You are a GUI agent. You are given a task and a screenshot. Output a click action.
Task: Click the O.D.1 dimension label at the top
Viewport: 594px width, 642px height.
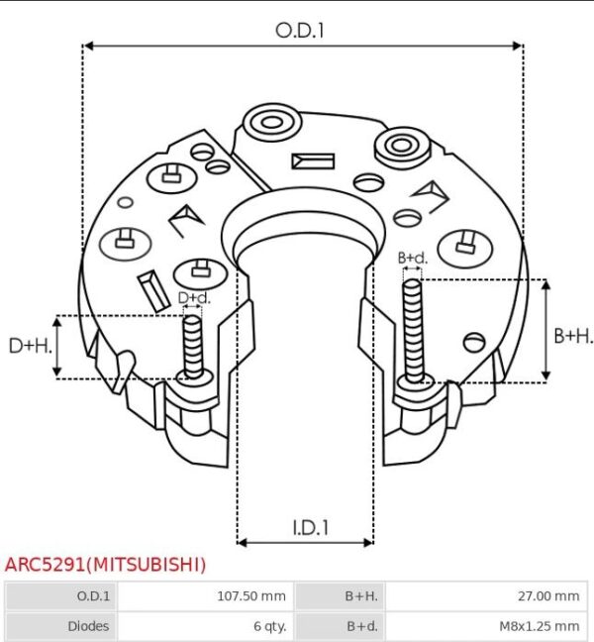point(300,31)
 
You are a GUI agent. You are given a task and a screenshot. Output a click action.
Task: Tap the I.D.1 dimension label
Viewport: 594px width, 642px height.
point(311,528)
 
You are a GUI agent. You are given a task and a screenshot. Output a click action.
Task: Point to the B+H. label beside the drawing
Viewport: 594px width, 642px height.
point(572,336)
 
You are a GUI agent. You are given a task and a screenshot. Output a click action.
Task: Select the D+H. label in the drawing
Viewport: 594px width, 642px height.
point(31,346)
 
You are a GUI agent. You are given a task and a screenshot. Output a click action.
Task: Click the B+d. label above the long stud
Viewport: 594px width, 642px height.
point(413,258)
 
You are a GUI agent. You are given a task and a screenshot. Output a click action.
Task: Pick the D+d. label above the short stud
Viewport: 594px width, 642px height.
point(194,297)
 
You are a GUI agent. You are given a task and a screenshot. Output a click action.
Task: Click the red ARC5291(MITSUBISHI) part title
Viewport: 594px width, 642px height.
point(105,565)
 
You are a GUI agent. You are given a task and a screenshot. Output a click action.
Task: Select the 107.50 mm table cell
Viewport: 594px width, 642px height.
point(251,596)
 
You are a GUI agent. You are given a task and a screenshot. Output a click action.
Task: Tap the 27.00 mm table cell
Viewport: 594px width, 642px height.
point(548,596)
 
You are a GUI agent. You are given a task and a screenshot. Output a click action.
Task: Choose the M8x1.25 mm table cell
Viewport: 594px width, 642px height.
point(540,626)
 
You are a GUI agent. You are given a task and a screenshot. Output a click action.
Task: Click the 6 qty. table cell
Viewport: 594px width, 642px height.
point(269,626)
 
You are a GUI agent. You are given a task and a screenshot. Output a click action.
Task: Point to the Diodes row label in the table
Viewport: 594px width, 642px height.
point(88,626)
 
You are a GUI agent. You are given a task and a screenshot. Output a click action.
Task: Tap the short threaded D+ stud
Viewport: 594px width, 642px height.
point(193,347)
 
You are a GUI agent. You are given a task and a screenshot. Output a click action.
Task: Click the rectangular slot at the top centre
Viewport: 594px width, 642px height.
point(313,161)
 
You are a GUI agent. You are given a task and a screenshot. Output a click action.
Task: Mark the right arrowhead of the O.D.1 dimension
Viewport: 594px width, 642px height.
point(518,46)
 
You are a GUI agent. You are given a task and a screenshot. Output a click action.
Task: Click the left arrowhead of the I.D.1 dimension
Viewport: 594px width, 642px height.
point(243,543)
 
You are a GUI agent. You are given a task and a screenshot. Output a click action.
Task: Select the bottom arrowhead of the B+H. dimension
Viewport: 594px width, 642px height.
point(545,375)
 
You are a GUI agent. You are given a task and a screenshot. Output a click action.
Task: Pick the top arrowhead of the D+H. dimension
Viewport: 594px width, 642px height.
point(56,322)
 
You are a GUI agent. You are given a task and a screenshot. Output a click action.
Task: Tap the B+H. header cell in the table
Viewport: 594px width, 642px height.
point(361,596)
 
